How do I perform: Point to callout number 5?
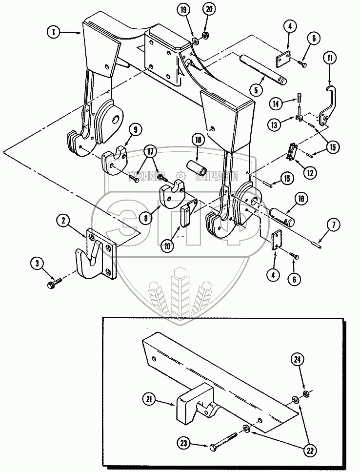click(257, 89)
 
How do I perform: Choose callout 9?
click(135, 129)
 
